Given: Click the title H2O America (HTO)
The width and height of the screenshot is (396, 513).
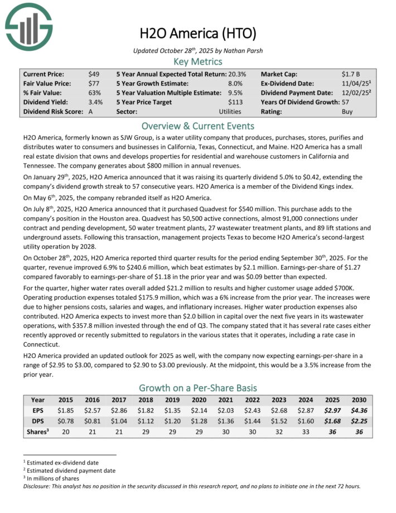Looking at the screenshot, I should [x=197, y=33].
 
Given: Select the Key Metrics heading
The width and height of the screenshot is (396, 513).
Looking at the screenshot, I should [x=197, y=61].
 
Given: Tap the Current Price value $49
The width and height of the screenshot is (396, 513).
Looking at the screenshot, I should [x=94, y=74].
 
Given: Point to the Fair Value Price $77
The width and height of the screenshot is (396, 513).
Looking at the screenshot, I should [x=94, y=83].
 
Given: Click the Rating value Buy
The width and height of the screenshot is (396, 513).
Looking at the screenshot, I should [x=347, y=112].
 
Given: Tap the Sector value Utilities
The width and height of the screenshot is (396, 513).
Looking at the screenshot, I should [x=230, y=112].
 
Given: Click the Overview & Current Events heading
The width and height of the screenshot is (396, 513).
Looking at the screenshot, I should [x=197, y=126].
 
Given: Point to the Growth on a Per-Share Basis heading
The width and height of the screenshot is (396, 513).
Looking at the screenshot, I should [x=197, y=387].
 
